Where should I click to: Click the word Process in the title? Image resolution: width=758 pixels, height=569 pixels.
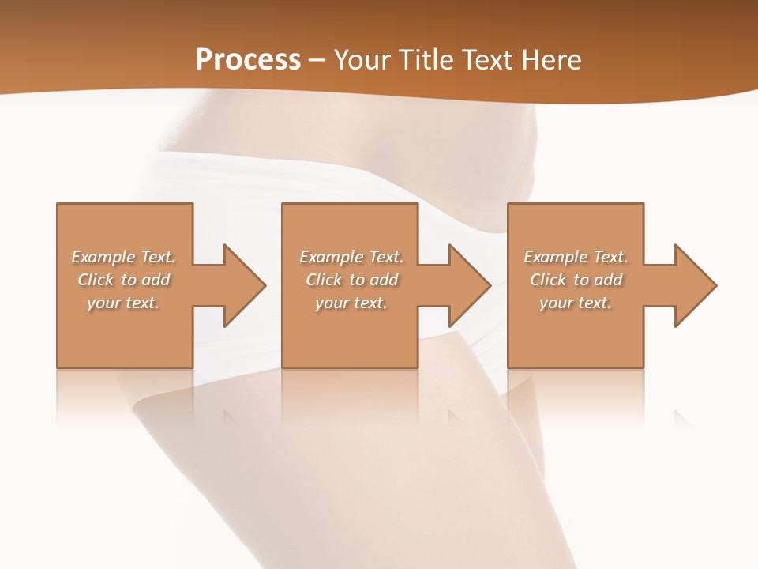[x=248, y=60]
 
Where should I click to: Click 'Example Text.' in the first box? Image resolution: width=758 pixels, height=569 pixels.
[x=123, y=257]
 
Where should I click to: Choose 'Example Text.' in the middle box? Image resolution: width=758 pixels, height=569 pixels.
[x=351, y=257]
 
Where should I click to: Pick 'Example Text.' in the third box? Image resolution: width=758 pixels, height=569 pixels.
[x=576, y=257]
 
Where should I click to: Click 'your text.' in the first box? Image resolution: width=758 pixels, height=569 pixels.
[x=123, y=303]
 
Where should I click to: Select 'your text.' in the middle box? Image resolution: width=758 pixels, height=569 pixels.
[x=351, y=303]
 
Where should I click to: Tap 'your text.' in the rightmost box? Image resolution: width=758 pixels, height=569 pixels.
[x=576, y=303]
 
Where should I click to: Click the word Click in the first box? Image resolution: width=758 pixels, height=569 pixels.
[x=96, y=280]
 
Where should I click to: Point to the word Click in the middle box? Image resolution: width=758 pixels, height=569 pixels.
[x=324, y=280]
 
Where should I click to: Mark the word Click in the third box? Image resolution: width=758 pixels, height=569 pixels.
[x=548, y=280]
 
